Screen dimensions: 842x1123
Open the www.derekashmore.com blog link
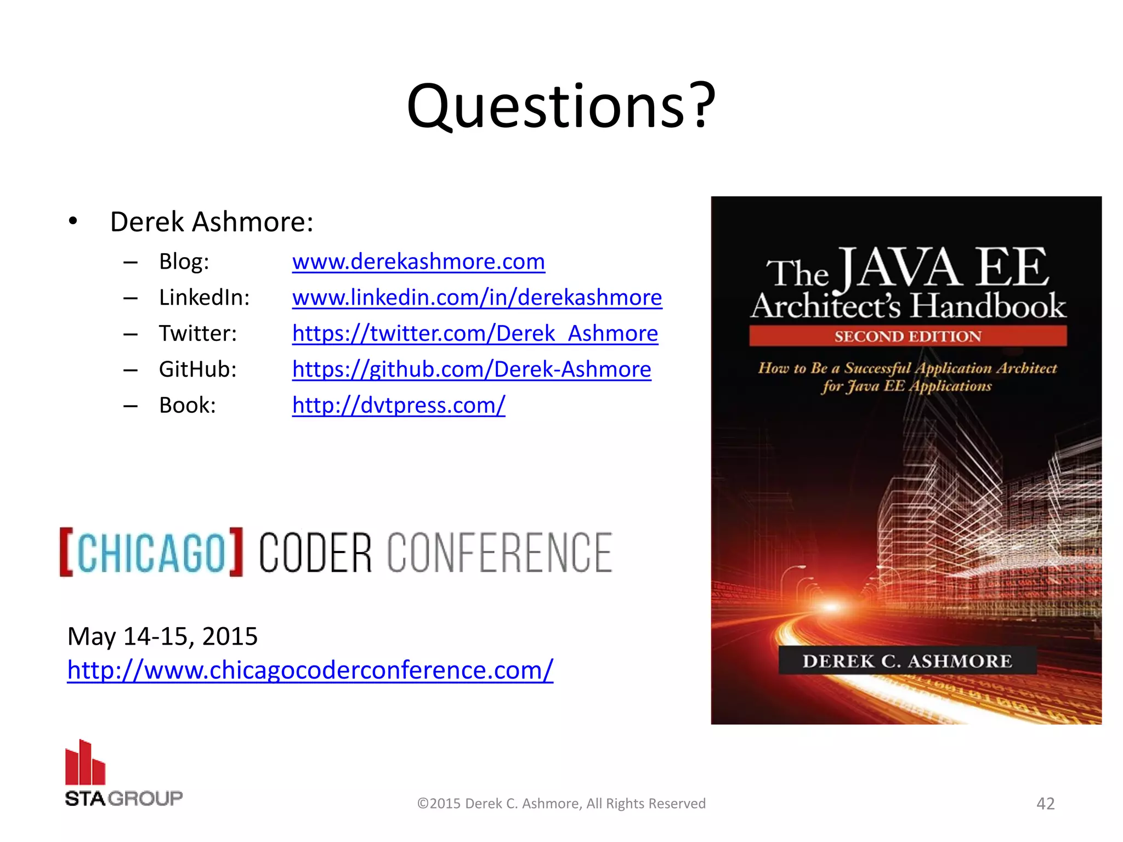tap(418, 261)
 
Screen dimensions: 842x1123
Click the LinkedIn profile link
tap(477, 298)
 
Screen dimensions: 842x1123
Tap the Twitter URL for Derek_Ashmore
tap(475, 333)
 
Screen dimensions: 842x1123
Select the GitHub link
tap(472, 369)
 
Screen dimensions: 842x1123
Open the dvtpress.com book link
tap(399, 405)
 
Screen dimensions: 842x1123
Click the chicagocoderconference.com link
tap(310, 670)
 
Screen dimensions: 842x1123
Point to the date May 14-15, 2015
tap(162, 636)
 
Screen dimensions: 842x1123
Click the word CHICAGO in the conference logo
tap(151, 553)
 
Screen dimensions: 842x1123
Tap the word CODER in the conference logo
tap(315, 553)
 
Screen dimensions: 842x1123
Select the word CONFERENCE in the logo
tap(500, 553)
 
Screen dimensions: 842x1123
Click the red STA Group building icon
tap(85, 763)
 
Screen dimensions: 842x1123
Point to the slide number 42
tap(1045, 804)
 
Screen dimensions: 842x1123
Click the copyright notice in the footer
tap(561, 804)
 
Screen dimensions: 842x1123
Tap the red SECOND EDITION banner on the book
tap(908, 336)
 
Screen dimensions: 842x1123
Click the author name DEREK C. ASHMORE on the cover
tap(908, 661)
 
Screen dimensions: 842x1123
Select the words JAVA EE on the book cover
tap(944, 269)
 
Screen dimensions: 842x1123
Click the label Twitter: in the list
tap(198, 333)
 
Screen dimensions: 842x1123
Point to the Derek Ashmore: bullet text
tap(212, 222)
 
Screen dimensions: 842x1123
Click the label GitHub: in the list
tap(198, 369)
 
